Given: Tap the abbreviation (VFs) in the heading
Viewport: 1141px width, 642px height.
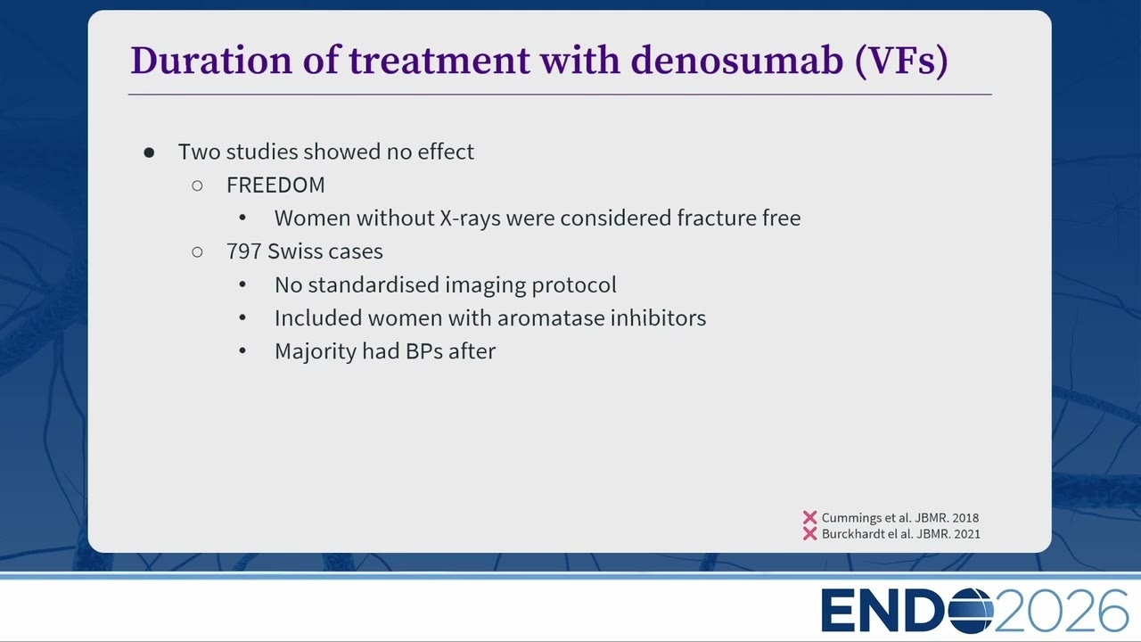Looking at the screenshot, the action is [902, 62].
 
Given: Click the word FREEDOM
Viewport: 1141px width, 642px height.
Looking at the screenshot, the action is [275, 185].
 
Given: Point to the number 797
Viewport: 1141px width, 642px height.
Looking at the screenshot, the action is [243, 251].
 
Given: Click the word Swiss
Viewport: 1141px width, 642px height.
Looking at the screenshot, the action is [293, 251].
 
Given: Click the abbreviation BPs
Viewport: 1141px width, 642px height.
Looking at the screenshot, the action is [423, 351].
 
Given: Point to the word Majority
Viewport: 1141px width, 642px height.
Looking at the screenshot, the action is [316, 352].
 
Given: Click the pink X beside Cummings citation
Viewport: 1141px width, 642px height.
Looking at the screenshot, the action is [810, 518].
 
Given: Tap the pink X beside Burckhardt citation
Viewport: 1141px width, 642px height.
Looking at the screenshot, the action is [810, 534].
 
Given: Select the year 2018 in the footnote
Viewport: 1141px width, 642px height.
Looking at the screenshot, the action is [965, 518].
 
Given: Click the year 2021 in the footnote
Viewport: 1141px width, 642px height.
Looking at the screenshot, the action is [967, 534].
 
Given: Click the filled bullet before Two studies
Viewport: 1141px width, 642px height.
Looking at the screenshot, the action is [149, 152].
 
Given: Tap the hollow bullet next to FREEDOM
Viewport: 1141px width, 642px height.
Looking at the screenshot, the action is [197, 185].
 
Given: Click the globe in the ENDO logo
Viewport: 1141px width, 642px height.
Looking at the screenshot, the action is [971, 611].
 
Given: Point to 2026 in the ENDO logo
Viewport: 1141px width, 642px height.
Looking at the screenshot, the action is [1062, 611].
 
